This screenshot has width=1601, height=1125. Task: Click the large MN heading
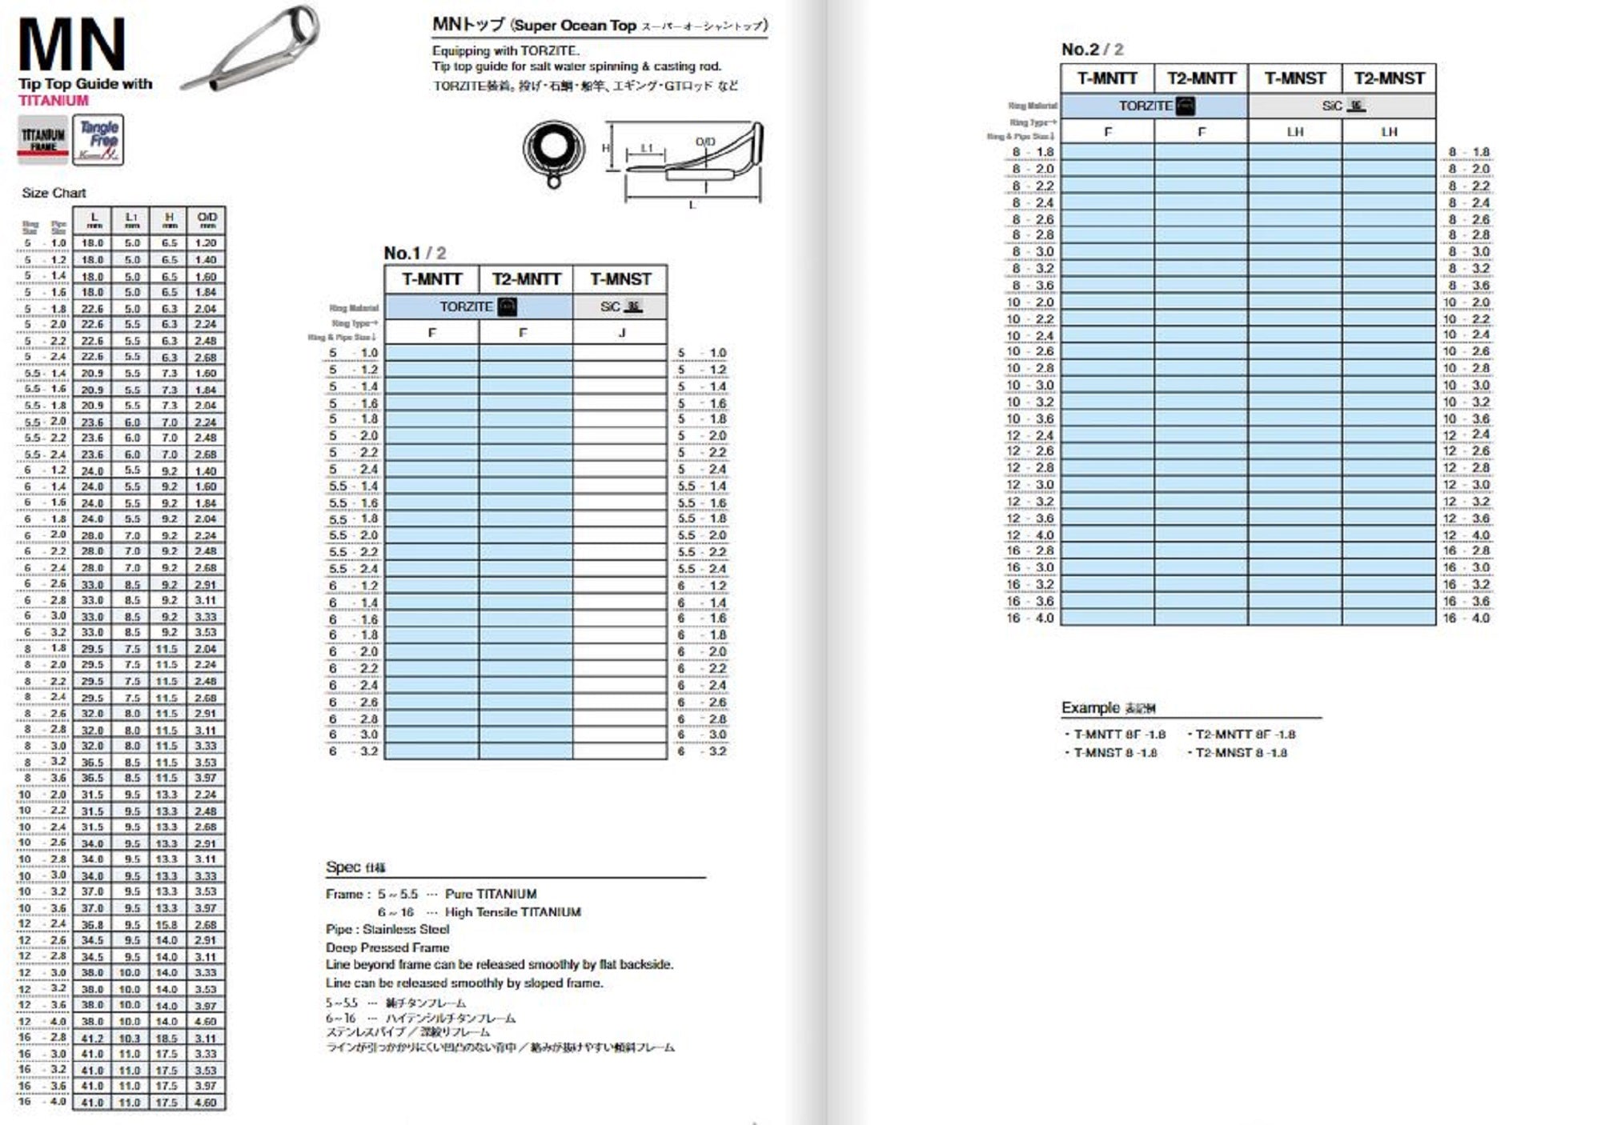(72, 46)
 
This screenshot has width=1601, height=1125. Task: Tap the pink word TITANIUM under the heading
(54, 101)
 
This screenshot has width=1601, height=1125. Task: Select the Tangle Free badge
(98, 140)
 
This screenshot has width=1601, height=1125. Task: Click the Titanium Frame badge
(43, 139)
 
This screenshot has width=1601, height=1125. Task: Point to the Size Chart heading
(54, 193)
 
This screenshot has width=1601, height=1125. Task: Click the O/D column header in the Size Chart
(207, 220)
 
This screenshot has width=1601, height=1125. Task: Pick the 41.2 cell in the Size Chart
(92, 1038)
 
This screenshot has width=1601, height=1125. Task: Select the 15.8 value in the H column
(167, 924)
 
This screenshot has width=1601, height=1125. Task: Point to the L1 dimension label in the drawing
(647, 148)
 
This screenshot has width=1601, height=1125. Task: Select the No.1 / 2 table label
(415, 253)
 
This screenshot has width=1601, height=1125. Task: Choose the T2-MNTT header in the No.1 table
(526, 279)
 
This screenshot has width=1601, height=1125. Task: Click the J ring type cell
(621, 333)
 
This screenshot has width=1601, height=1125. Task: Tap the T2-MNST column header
(1389, 78)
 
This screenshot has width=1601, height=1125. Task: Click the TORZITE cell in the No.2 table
(1154, 106)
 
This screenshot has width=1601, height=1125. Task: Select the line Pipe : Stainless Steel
(387, 929)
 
